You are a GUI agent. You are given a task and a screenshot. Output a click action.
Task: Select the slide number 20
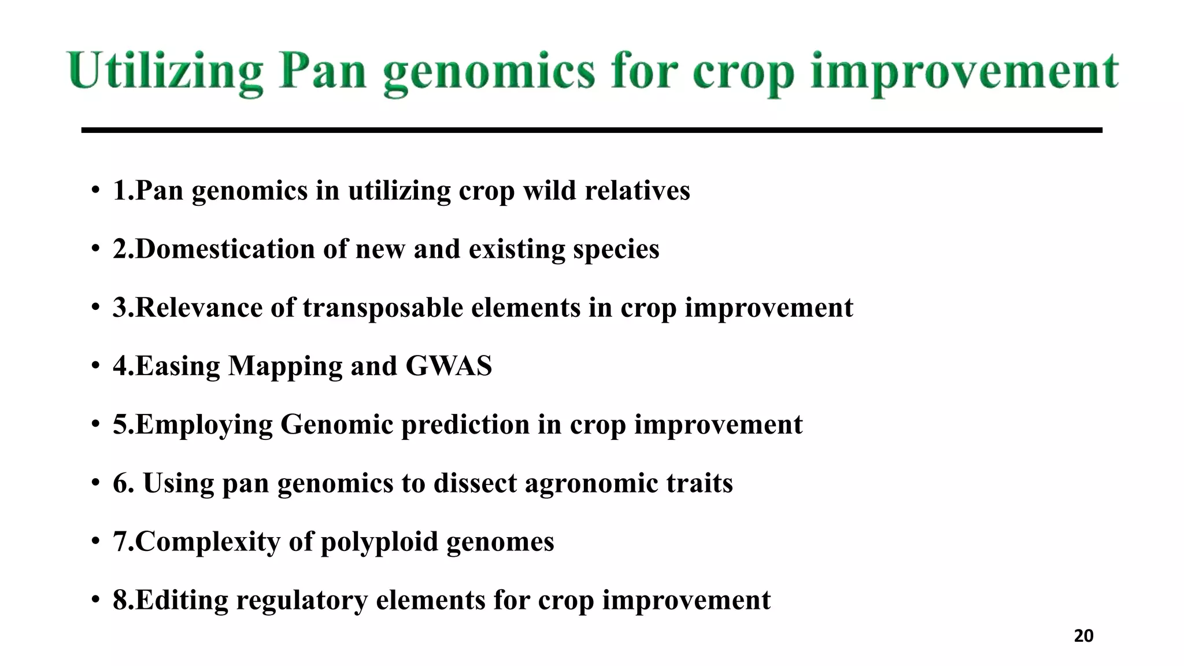pos(1083,636)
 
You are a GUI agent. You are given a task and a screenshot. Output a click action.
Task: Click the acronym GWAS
pos(449,366)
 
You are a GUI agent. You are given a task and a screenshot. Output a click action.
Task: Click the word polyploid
pos(379,542)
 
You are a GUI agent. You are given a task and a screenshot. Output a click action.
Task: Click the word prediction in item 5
pos(465,425)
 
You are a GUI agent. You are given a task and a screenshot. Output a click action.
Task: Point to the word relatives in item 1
pos(637,191)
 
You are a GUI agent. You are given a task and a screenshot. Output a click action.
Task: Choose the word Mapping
pos(285,366)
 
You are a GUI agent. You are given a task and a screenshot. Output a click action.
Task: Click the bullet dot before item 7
pos(95,542)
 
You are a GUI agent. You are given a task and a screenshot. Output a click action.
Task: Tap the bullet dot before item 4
pos(95,366)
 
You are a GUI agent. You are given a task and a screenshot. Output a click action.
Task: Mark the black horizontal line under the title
pos(591,131)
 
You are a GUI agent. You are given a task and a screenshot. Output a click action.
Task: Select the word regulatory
pos(302,600)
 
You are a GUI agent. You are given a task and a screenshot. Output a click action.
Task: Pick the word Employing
pos(203,425)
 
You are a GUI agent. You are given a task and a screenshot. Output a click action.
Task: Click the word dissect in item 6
pos(475,483)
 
